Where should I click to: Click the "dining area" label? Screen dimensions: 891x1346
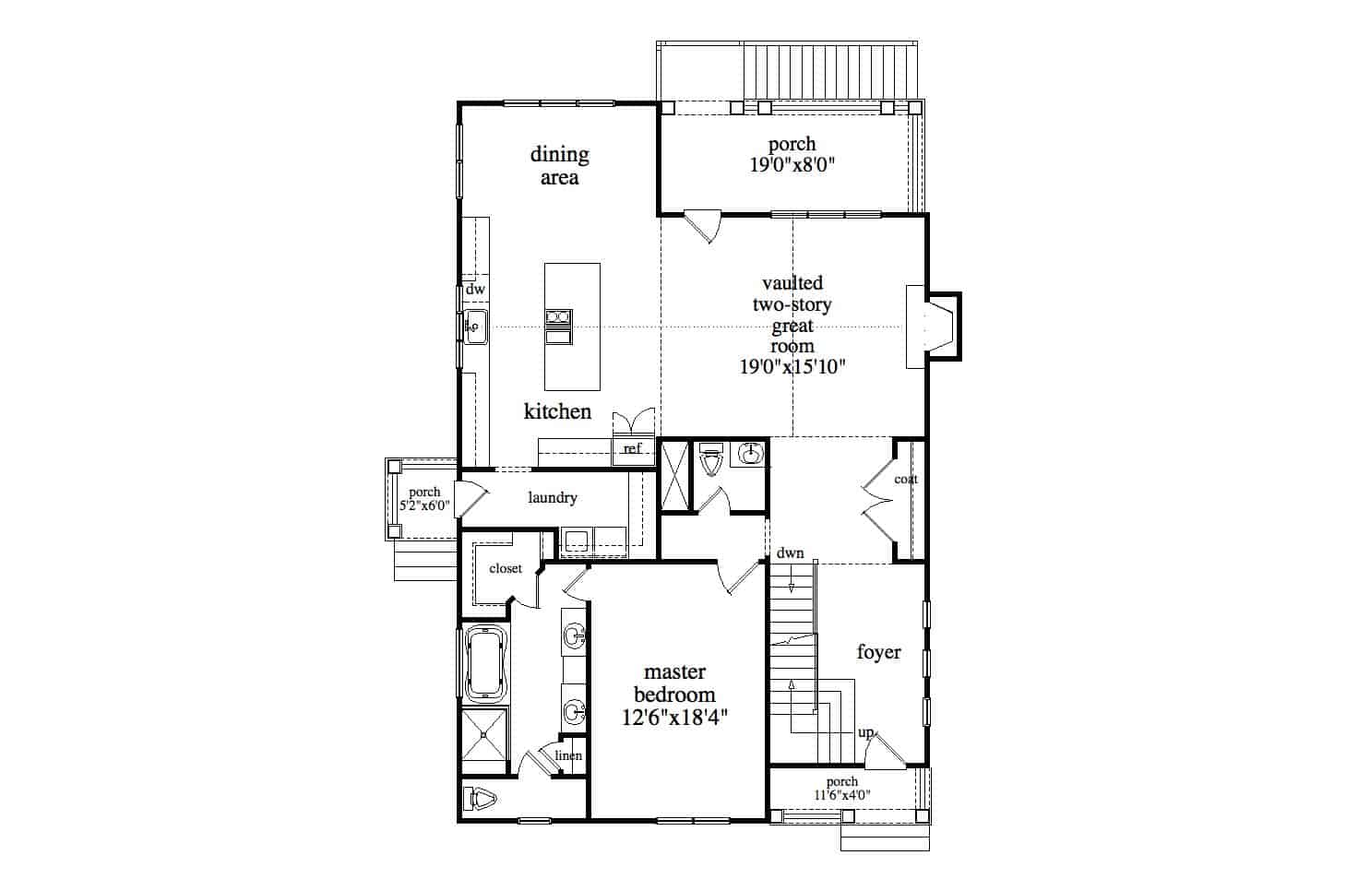click(559, 166)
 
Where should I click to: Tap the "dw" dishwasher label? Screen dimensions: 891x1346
click(475, 290)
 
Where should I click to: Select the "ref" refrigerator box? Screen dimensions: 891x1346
click(633, 449)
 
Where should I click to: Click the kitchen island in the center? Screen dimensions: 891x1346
click(572, 326)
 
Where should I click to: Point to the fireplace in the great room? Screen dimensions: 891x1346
click(932, 327)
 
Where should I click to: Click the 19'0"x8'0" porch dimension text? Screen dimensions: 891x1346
click(792, 165)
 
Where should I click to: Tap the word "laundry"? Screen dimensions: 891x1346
click(553, 498)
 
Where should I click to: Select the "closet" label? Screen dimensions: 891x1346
click(506, 569)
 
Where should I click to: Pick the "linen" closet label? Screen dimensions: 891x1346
click(568, 756)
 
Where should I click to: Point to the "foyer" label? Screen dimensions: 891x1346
click(878, 653)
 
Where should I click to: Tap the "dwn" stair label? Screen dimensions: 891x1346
click(790, 554)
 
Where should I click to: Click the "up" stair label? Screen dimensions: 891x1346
click(866, 733)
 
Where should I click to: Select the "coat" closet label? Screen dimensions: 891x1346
click(906, 480)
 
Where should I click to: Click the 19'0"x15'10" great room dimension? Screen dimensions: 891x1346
click(792, 366)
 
